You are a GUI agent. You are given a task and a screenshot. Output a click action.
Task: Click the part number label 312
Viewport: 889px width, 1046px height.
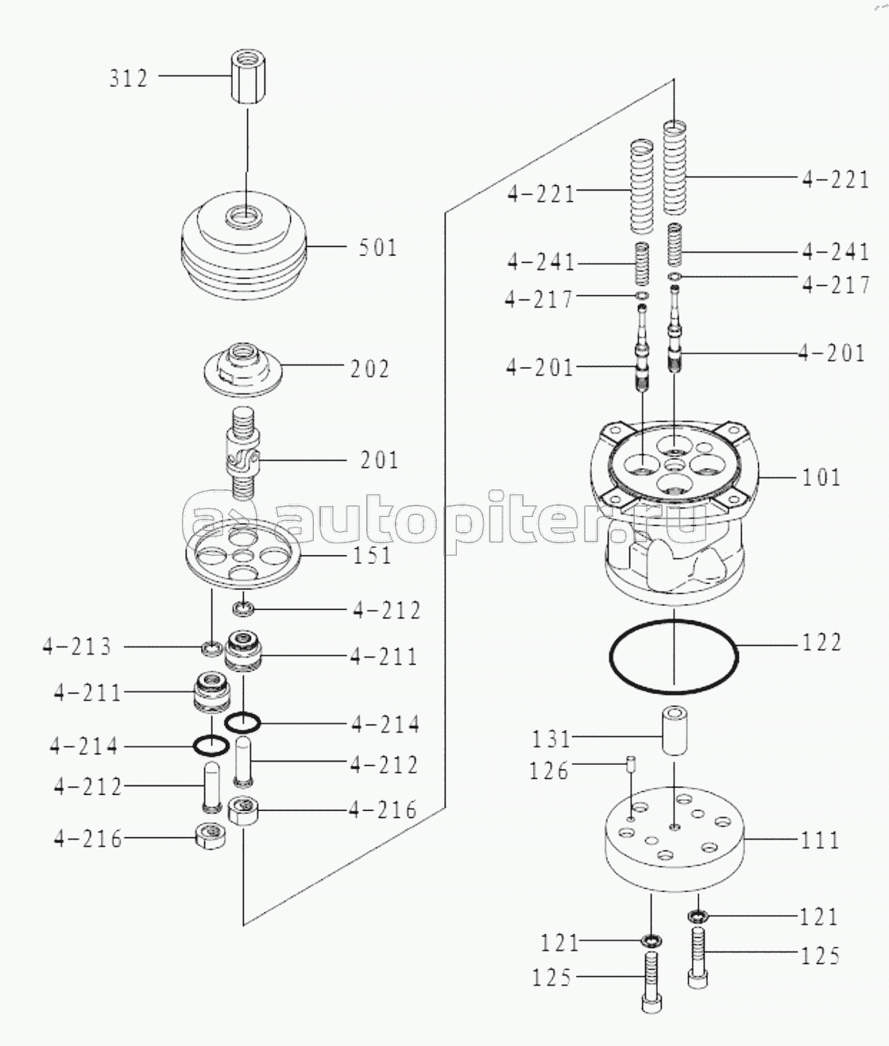coord(129,79)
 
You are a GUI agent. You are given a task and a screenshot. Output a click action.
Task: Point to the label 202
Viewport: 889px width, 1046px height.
coord(370,369)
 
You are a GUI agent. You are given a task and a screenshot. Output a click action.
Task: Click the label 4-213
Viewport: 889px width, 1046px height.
coord(78,647)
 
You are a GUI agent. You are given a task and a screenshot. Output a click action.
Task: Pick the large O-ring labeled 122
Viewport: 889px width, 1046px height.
coord(673,655)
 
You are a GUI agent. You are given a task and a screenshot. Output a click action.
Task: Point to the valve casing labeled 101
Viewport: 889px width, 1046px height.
coord(673,508)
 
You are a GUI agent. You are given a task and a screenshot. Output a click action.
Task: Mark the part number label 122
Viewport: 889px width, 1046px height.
coord(821,642)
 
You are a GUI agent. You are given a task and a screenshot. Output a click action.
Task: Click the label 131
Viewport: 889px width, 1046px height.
coord(551,739)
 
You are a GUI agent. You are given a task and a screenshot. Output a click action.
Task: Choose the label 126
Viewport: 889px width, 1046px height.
coord(550,770)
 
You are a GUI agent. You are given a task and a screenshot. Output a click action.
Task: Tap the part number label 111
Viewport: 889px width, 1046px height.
coord(820,840)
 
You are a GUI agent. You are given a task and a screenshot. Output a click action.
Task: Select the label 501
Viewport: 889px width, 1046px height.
coord(377,248)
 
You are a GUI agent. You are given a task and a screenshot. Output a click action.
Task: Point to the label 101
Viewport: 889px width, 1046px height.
coord(821,477)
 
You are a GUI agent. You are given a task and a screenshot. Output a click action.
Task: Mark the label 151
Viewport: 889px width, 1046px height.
coord(372,555)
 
